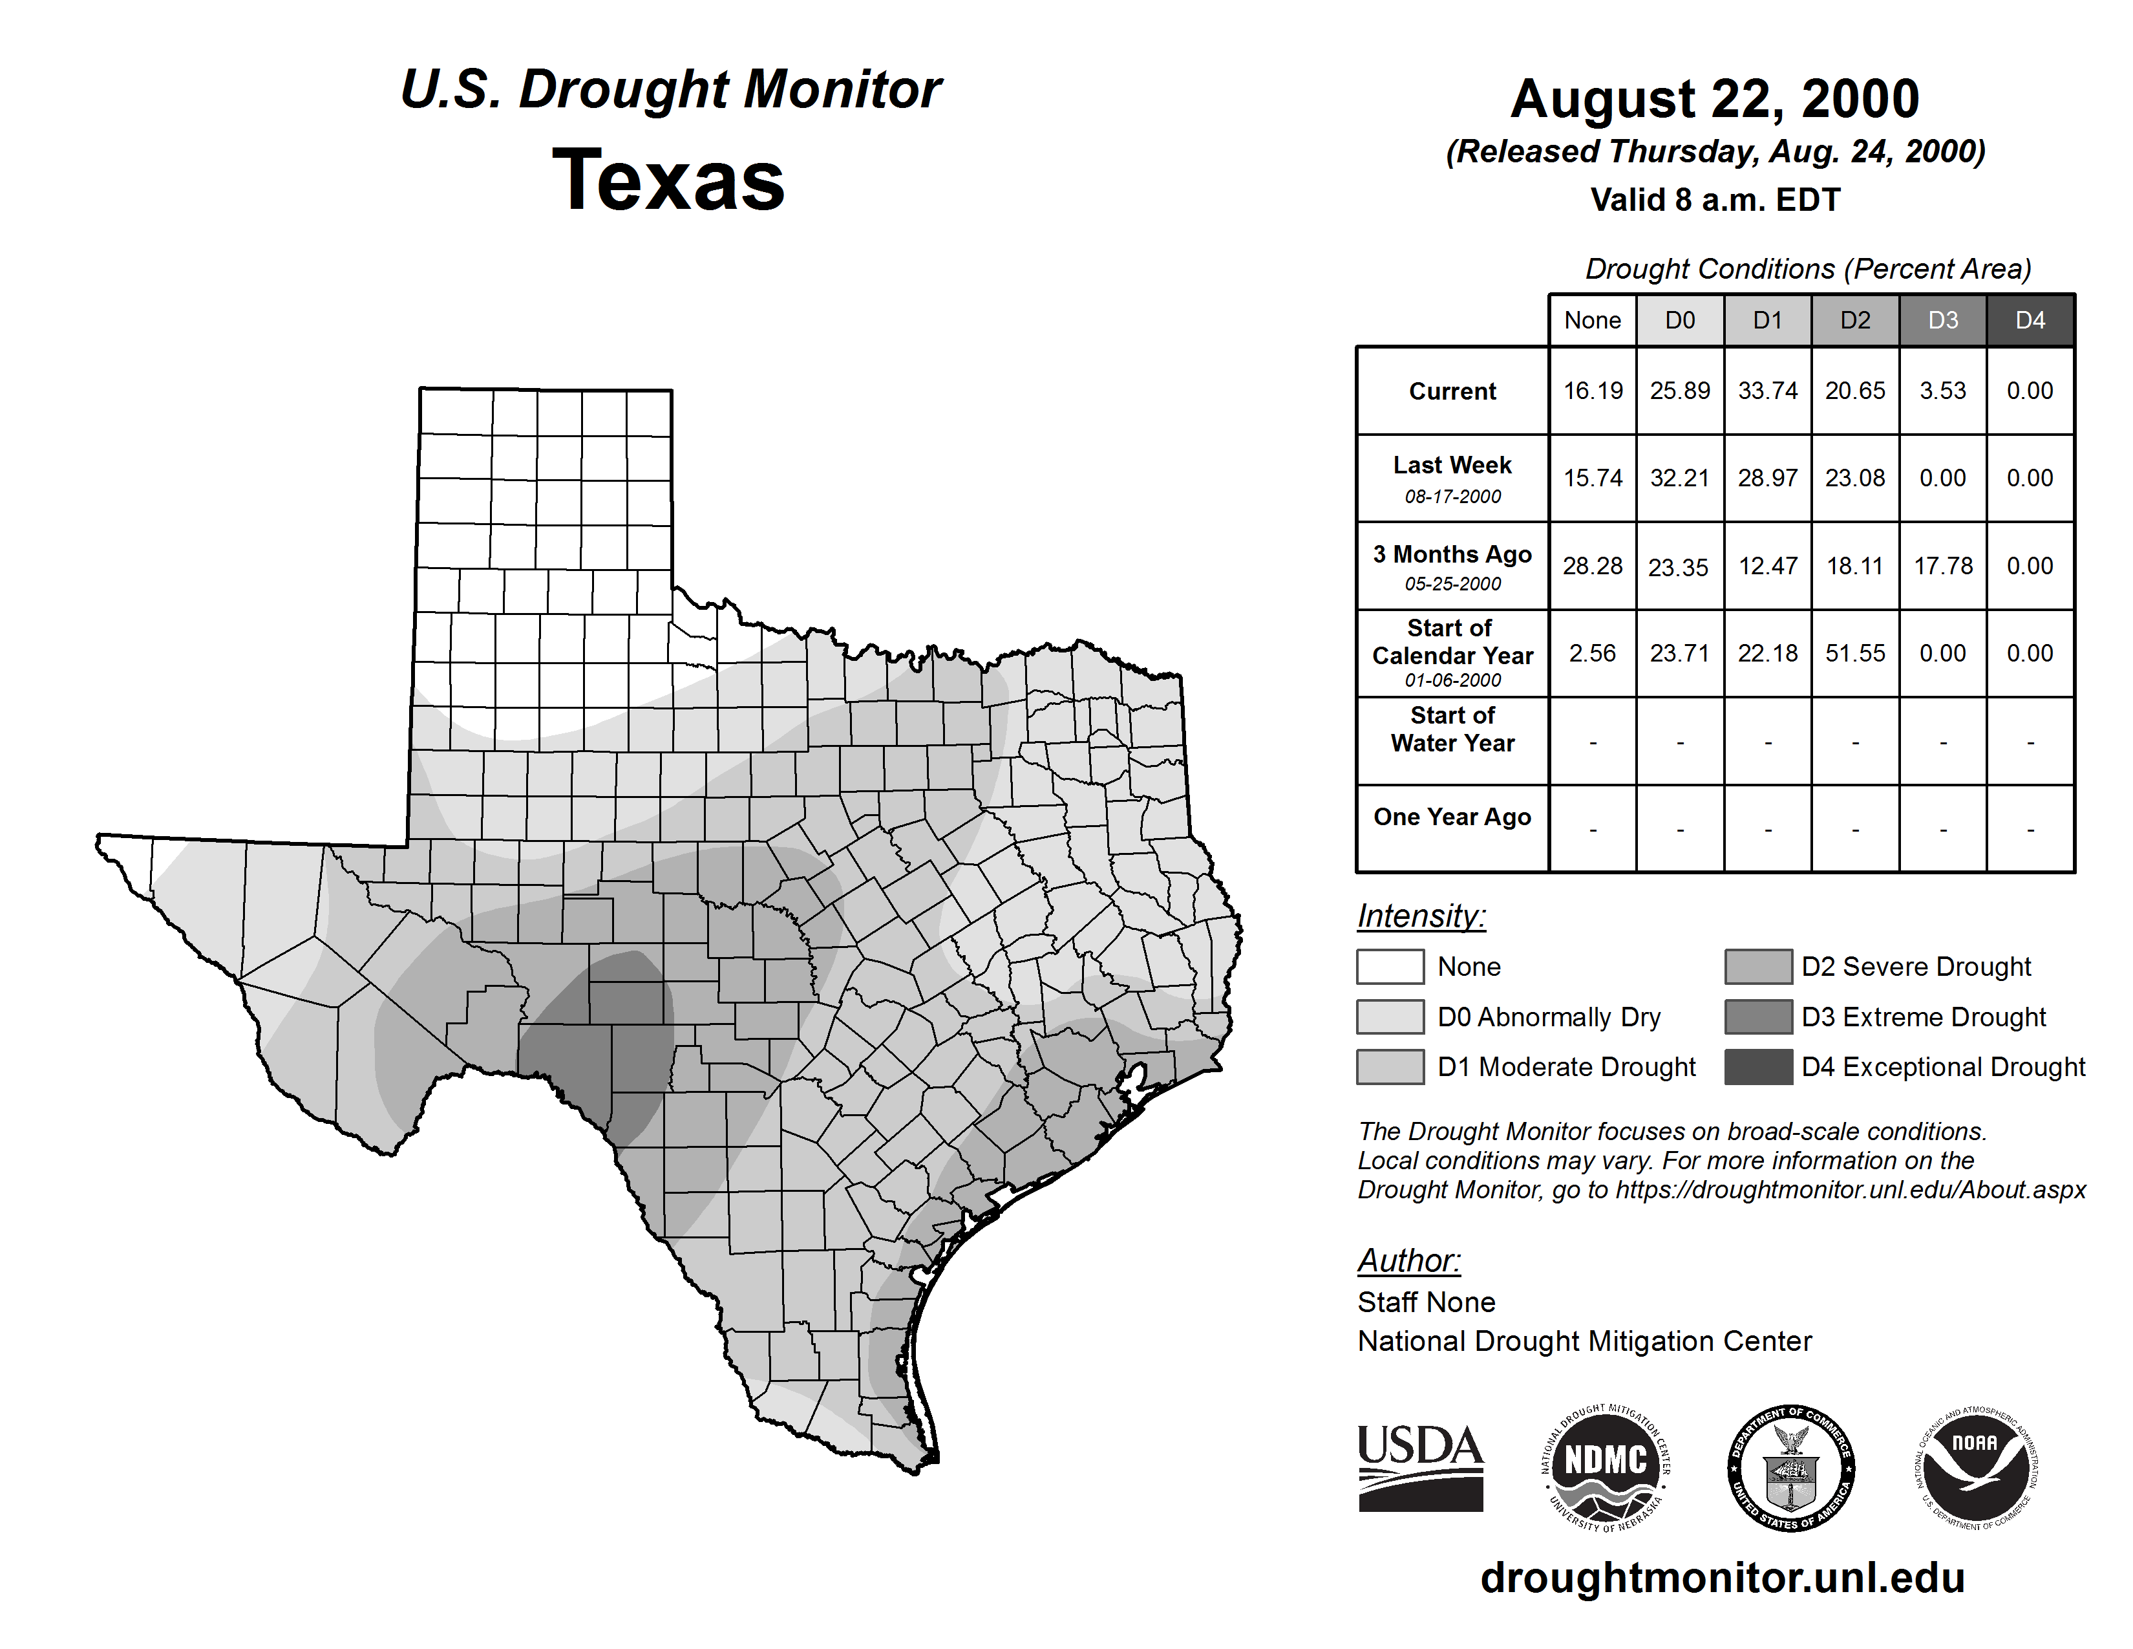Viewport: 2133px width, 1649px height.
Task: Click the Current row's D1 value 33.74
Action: pyautogui.click(x=1767, y=391)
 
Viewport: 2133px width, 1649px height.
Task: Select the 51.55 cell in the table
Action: pyautogui.click(x=1854, y=652)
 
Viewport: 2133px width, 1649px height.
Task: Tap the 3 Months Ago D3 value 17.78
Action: pyautogui.click(x=1942, y=566)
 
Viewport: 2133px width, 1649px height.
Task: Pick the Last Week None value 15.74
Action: pyautogui.click(x=1592, y=478)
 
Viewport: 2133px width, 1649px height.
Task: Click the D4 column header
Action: pyautogui.click(x=2030, y=320)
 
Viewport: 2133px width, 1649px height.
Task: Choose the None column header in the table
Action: pyautogui.click(x=1592, y=320)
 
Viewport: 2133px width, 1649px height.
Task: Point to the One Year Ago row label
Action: pyautogui.click(x=1452, y=817)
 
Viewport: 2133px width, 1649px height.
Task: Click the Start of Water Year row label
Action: pyautogui.click(x=1452, y=729)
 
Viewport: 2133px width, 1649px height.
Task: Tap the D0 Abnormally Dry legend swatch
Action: pyautogui.click(x=1390, y=1017)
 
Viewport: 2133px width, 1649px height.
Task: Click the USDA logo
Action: pyautogui.click(x=1420, y=1467)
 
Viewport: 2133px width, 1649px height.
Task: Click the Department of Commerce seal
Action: pyautogui.click(x=1790, y=1467)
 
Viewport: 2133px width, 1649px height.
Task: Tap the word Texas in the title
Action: pyautogui.click(x=668, y=180)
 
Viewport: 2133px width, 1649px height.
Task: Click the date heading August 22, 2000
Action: pyautogui.click(x=1715, y=99)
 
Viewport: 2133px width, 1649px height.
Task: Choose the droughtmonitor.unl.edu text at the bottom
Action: pyautogui.click(x=1722, y=1578)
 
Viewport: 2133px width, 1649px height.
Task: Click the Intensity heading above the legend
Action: pyautogui.click(x=1421, y=916)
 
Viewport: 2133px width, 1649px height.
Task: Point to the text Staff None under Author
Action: pyautogui.click(x=1426, y=1302)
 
